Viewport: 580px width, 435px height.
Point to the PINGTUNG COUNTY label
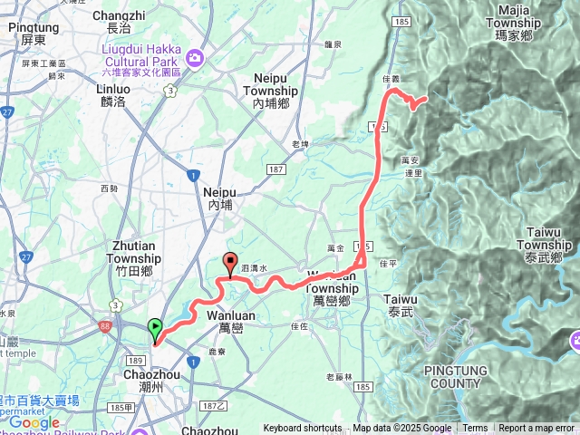click(x=457, y=376)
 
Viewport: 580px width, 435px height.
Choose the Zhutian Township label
click(x=136, y=251)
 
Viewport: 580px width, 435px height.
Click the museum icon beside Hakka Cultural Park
click(x=197, y=59)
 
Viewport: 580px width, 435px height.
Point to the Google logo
click(x=34, y=422)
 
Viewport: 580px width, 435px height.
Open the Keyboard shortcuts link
click(x=303, y=429)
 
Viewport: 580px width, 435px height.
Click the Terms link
click(x=475, y=429)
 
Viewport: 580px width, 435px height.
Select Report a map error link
click(x=536, y=429)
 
